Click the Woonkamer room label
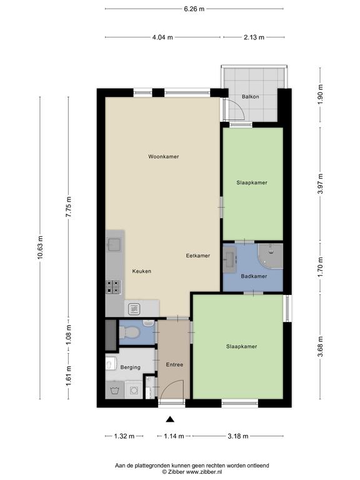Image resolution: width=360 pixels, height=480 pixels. (x=164, y=156)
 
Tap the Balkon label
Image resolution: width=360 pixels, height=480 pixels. (x=251, y=96)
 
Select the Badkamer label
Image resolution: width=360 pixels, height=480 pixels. (x=254, y=276)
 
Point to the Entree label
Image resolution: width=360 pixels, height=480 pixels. (x=174, y=364)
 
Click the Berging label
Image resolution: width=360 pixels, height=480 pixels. (x=131, y=367)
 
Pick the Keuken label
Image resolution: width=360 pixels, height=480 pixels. (x=142, y=271)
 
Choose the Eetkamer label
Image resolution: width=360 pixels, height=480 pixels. (x=198, y=256)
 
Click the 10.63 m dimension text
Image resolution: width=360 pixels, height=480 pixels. (x=40, y=247)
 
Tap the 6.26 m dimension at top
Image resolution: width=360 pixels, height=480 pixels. (x=194, y=9)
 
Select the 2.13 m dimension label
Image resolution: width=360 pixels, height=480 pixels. (x=254, y=37)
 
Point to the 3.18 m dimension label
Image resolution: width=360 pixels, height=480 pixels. (x=238, y=436)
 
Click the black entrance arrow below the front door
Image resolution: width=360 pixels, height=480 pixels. (x=170, y=419)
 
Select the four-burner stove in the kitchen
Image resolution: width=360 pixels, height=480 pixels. (x=113, y=287)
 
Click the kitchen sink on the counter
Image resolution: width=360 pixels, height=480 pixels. (x=114, y=245)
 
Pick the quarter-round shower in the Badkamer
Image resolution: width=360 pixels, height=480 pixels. (x=270, y=256)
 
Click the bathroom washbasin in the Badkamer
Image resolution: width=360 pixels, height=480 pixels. (x=229, y=260)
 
